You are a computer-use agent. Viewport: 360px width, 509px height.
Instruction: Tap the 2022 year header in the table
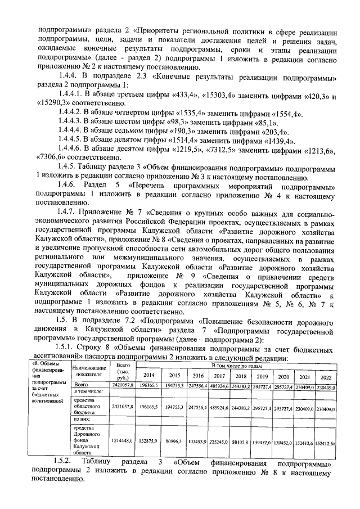325,376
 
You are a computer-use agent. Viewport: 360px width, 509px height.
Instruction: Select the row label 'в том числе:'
87,391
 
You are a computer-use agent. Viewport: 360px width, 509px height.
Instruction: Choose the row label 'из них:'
83,418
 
